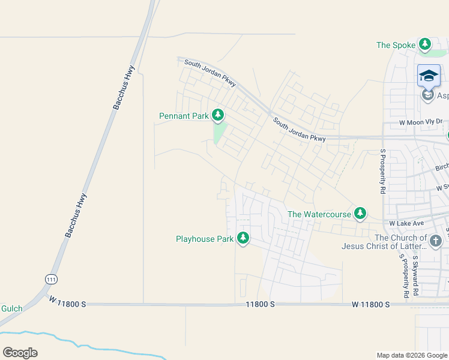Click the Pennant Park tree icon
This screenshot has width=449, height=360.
217,114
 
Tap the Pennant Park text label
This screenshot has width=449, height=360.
184,116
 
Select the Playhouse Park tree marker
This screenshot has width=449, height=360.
243,238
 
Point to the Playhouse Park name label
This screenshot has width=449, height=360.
204,239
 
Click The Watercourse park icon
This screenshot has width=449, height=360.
360,213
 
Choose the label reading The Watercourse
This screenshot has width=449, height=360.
319,214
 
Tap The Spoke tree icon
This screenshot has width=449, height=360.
425,44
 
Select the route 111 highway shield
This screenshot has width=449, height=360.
51,279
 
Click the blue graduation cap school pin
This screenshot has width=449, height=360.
429,76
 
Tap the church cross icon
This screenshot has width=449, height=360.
435,241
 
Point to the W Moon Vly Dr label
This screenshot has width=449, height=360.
421,122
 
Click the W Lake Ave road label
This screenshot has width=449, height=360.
407,223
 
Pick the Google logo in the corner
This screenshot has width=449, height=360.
20,352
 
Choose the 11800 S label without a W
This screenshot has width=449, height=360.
260,304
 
